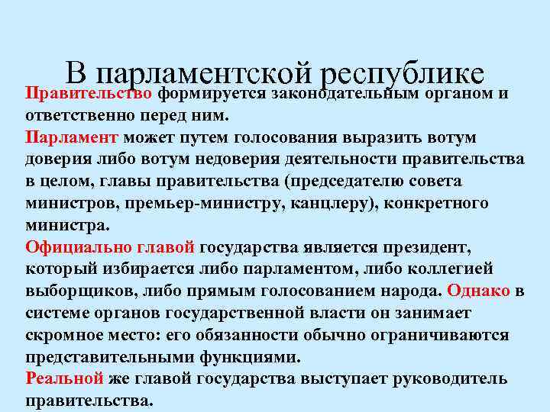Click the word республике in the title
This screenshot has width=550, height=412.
(x=403, y=74)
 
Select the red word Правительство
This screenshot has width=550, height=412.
(x=90, y=94)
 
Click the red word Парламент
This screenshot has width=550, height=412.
(x=72, y=138)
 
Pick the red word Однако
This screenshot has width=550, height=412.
(x=480, y=291)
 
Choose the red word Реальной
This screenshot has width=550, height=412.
(x=64, y=378)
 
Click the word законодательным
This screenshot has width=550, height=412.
(x=341, y=94)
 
